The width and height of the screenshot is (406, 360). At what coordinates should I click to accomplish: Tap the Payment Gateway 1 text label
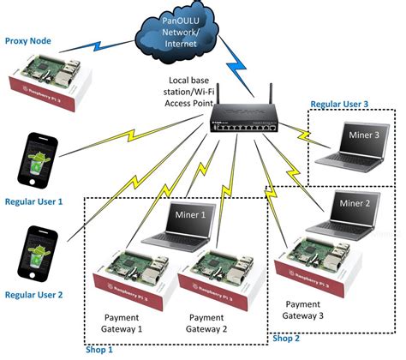pos(122,322)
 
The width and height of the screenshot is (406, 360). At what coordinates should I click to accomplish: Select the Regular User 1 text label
pos(33,202)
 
